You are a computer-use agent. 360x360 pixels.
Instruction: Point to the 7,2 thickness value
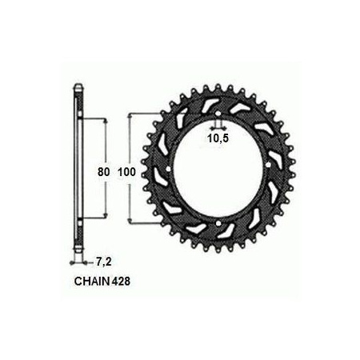(x=102, y=262)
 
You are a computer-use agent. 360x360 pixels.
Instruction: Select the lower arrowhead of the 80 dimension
(x=105, y=216)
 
